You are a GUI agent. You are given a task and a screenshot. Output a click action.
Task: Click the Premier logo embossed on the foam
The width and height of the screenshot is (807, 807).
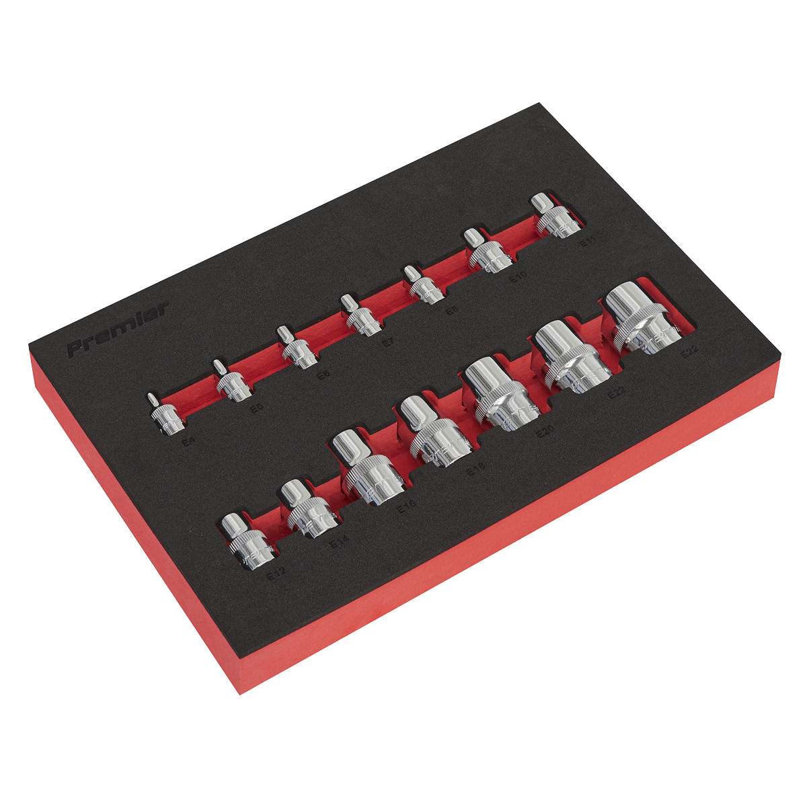(x=117, y=330)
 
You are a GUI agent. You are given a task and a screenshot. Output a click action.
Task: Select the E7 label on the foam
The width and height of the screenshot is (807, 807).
(x=387, y=342)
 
